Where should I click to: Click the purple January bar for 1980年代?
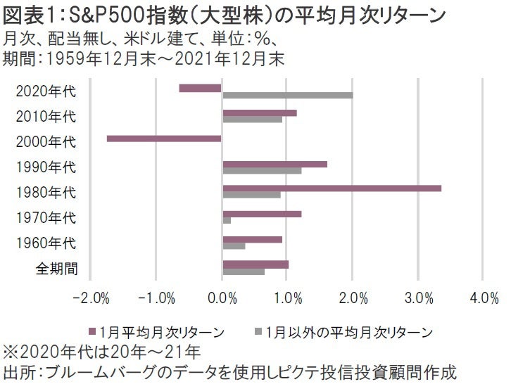(x=332, y=188)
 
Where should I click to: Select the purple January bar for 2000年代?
(x=164, y=139)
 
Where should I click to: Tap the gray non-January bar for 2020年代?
(x=287, y=95)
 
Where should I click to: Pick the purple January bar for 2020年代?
(x=201, y=88)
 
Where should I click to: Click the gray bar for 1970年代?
(x=227, y=221)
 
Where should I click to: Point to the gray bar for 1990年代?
(x=262, y=170)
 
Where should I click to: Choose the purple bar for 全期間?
(x=255, y=264)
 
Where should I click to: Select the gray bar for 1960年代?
(x=234, y=246)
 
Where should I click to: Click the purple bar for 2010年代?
(x=259, y=113)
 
